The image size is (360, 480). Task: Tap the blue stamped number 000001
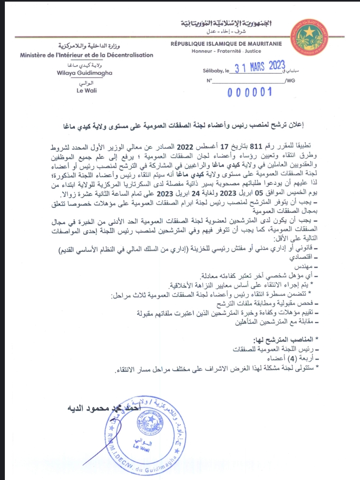(x=249, y=93)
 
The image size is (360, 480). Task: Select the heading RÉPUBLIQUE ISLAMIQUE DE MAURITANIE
(x=226, y=44)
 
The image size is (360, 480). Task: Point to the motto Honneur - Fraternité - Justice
(x=227, y=51)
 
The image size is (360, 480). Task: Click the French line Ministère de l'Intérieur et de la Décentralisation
(x=87, y=55)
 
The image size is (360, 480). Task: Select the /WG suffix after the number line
(x=290, y=80)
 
